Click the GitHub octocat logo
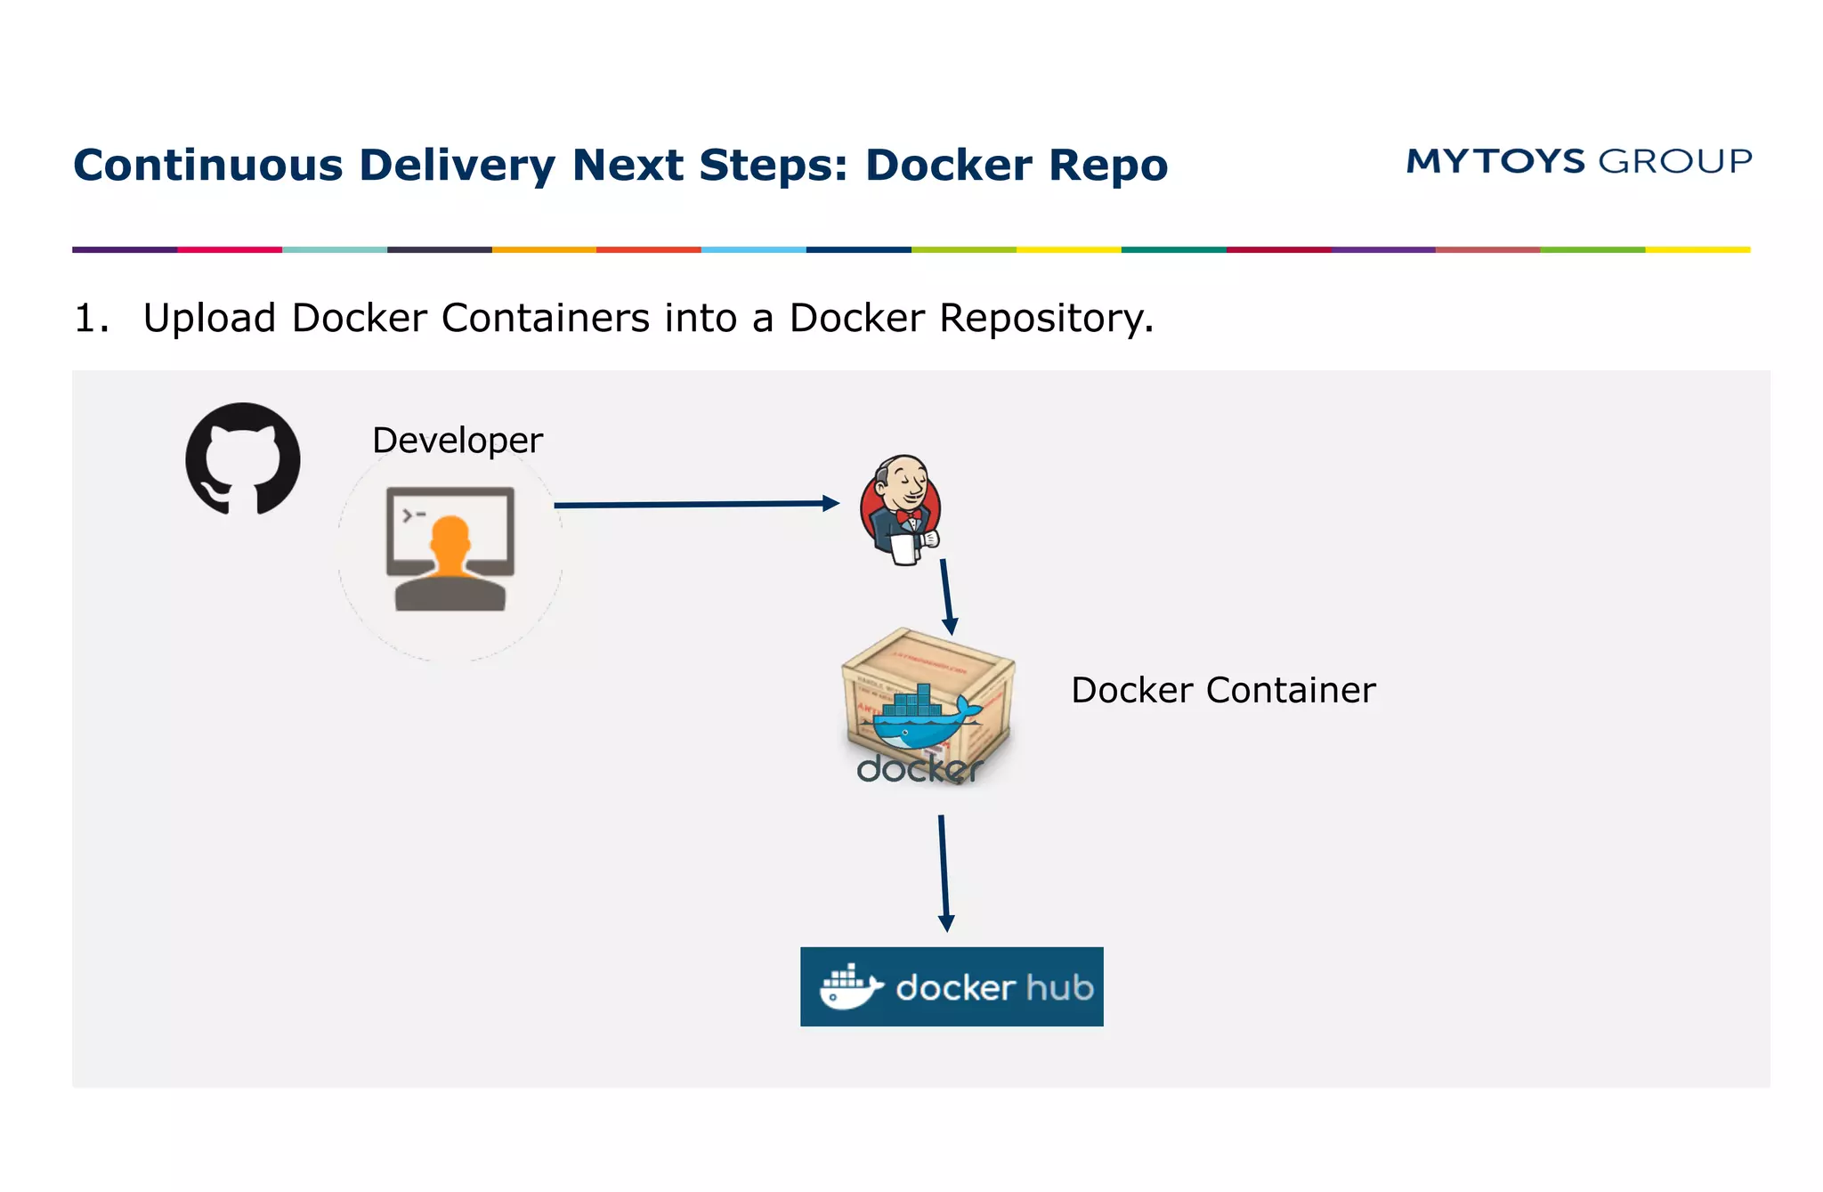[242, 459]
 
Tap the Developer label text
[457, 440]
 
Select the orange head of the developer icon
[450, 539]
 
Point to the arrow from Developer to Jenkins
[694, 504]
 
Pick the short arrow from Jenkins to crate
[946, 596]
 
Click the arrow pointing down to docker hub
[944, 872]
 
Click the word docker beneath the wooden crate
[919, 769]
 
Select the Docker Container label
[1222, 690]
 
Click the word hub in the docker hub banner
[1058, 987]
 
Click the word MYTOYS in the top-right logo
[1495, 161]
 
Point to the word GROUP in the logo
[1675, 161]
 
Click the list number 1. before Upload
[91, 318]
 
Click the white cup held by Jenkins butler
[904, 548]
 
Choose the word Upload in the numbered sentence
[209, 318]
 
